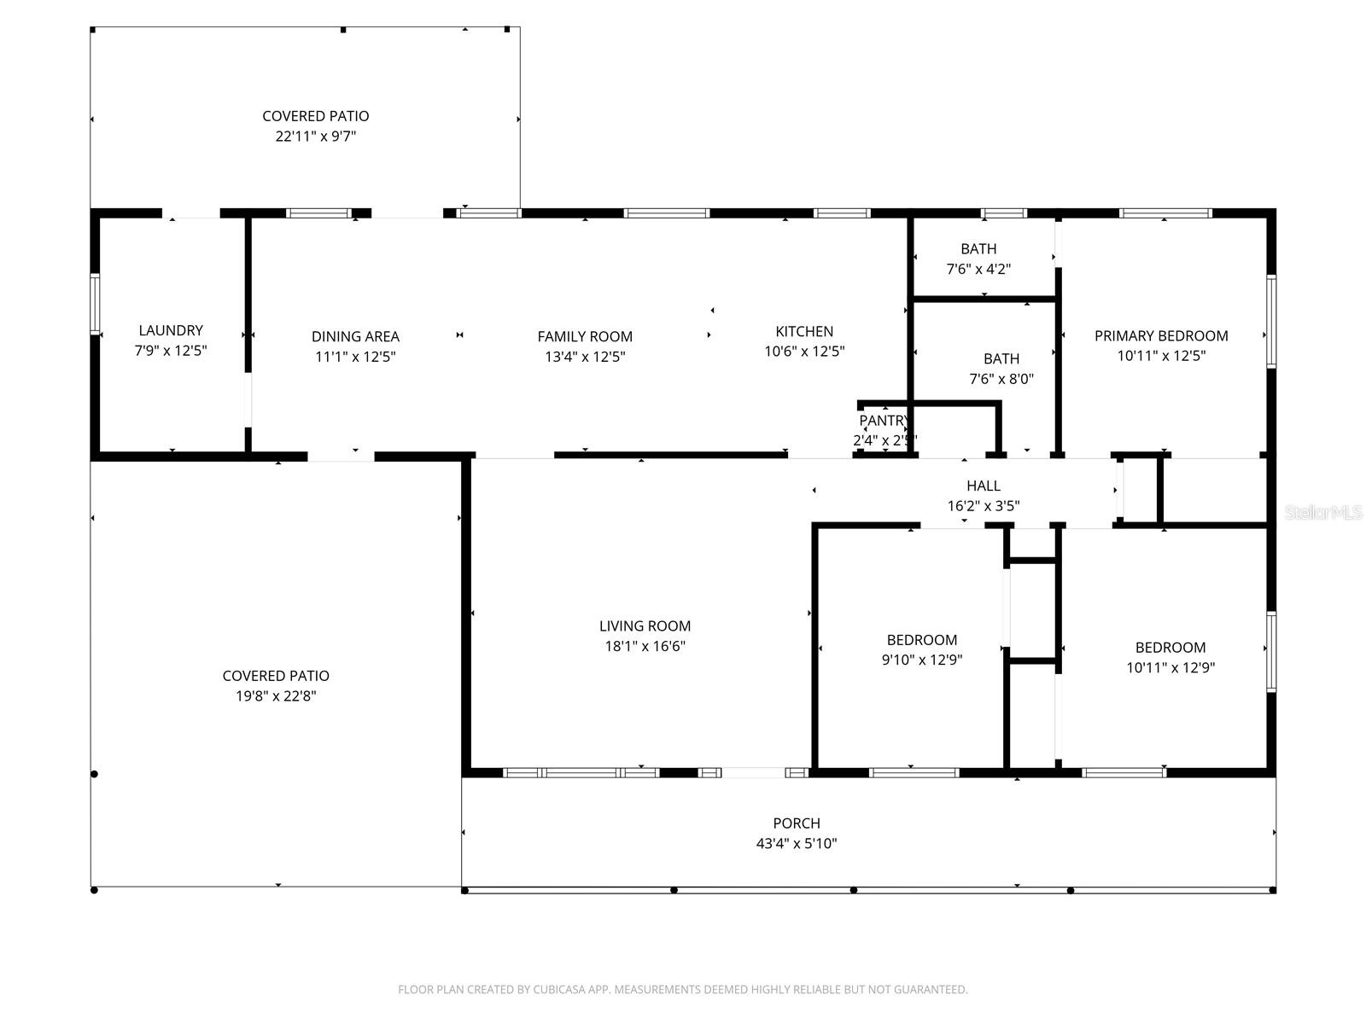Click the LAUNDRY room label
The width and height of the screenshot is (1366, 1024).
(171, 330)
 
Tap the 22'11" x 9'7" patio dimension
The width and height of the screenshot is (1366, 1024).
(315, 137)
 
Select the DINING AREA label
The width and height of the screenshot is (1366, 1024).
(355, 337)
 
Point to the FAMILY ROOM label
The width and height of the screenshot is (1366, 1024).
(585, 337)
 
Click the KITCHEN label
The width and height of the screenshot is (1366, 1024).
(804, 331)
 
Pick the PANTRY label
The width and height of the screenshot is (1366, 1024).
(884, 421)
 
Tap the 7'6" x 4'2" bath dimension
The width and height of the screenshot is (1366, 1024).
(978, 270)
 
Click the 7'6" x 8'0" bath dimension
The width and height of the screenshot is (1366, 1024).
(1001, 380)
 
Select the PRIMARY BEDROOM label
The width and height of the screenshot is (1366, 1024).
(1161, 336)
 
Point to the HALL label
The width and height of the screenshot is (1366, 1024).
(984, 486)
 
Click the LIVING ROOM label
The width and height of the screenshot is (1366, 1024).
(645, 626)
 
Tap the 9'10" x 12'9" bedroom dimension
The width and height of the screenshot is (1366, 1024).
(921, 660)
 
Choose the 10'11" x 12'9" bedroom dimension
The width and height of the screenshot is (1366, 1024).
(1170, 668)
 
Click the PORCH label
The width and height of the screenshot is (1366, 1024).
(797, 823)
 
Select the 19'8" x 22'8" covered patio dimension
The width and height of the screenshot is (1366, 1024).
(276, 696)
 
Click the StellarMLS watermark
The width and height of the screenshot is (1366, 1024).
(1322, 512)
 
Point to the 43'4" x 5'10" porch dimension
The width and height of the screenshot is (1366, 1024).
(797, 844)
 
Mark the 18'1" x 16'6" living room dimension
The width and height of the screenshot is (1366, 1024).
(645, 647)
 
